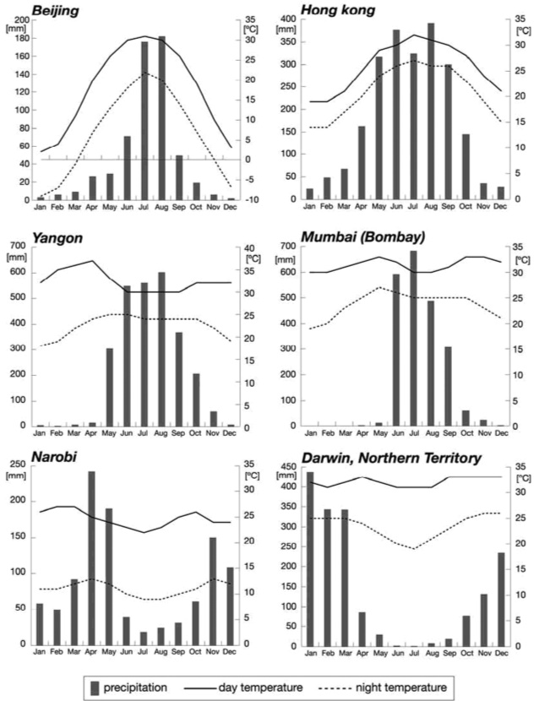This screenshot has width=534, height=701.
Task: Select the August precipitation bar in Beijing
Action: [x=162, y=118]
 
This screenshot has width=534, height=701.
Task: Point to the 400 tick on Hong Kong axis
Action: [x=293, y=19]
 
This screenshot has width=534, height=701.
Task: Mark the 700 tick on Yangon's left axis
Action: [x=19, y=246]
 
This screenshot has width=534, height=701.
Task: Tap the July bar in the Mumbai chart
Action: [x=414, y=338]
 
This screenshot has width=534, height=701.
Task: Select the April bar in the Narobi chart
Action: [x=92, y=557]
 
